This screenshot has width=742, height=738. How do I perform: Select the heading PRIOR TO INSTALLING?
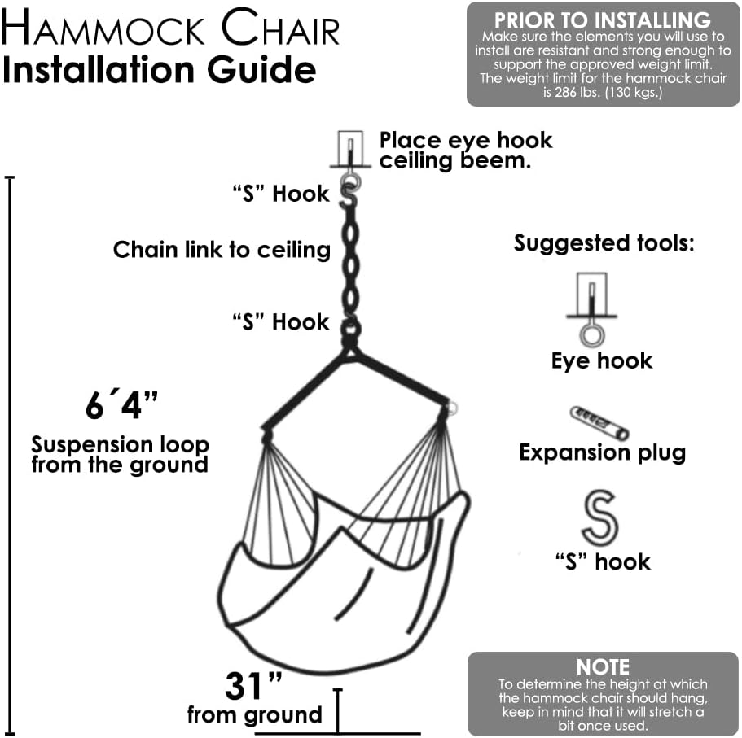coord(602,20)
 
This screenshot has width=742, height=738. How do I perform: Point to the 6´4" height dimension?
coord(121,404)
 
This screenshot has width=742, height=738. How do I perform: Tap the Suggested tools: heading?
coord(604,242)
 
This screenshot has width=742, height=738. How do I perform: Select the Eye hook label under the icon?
coord(602,360)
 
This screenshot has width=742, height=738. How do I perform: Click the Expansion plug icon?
coord(599,422)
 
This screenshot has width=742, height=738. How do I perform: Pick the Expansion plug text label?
coord(602,452)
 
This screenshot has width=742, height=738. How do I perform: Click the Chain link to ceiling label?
coord(222,249)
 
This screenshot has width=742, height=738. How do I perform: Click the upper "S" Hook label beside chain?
coord(280,194)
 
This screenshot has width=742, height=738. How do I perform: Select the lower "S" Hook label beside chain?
coord(280,321)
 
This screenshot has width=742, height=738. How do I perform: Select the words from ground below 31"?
coord(255,715)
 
